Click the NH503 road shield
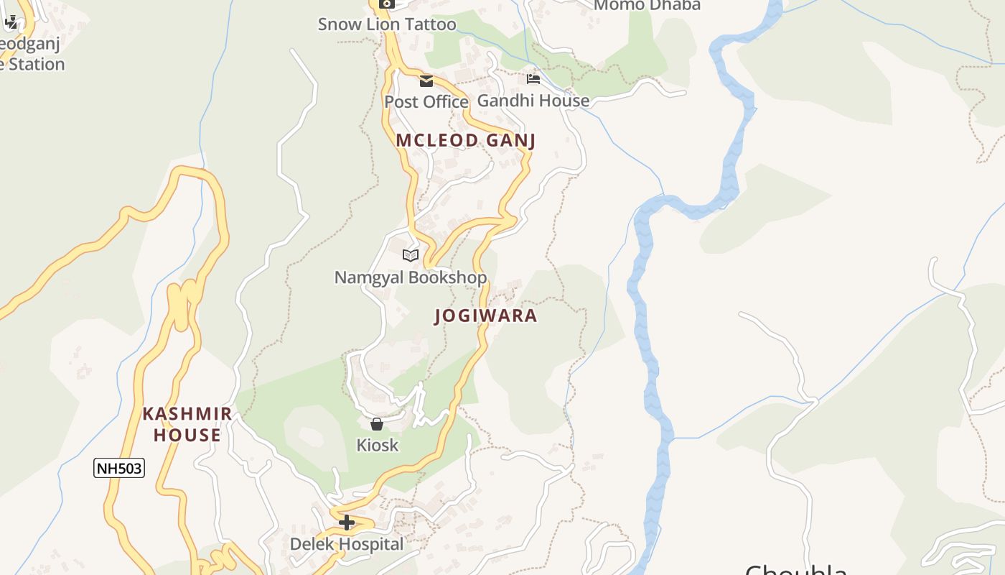click(119, 469)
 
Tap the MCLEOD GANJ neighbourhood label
click(466, 140)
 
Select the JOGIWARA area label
click(486, 316)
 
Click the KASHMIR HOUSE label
click(187, 424)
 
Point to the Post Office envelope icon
click(426, 81)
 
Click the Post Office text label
click(426, 102)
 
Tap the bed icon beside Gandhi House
click(533, 79)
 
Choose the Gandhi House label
click(533, 101)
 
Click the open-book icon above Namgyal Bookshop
click(411, 255)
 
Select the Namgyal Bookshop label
click(411, 277)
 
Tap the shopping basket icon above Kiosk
click(377, 424)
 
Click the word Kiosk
click(377, 446)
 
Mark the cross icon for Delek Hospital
click(347, 523)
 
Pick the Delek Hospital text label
click(347, 544)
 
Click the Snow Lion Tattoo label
click(387, 24)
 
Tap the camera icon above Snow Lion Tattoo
click(387, 4)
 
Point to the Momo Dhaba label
click(648, 6)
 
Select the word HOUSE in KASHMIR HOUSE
click(187, 436)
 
